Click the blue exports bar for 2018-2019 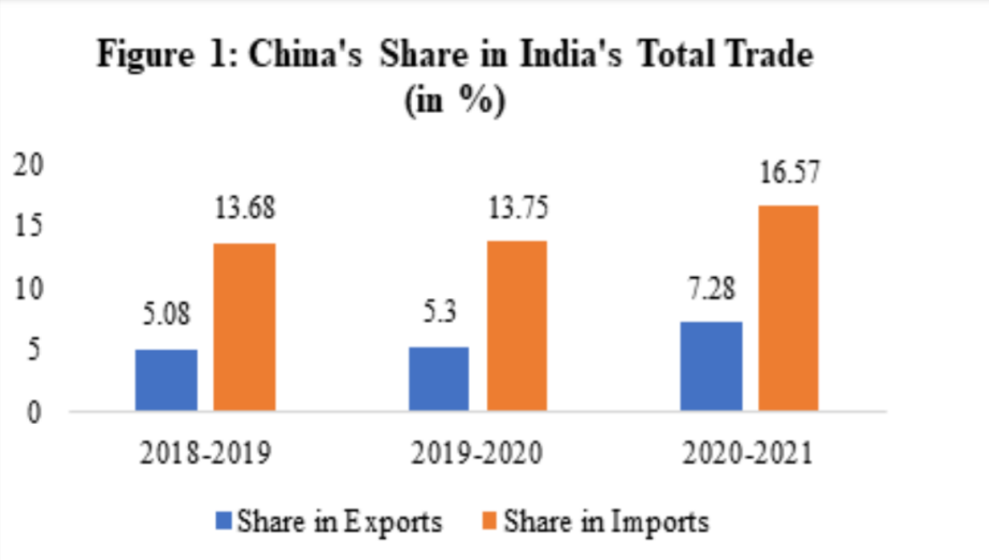166,380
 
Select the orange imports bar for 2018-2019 244,327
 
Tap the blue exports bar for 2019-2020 439,378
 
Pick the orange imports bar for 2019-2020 516,326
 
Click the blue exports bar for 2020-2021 712,366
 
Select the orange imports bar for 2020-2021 788,308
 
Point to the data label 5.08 166,316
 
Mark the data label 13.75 517,207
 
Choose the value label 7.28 710,289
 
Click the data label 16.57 788,173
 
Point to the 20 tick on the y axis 30,166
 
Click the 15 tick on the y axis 30,227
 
